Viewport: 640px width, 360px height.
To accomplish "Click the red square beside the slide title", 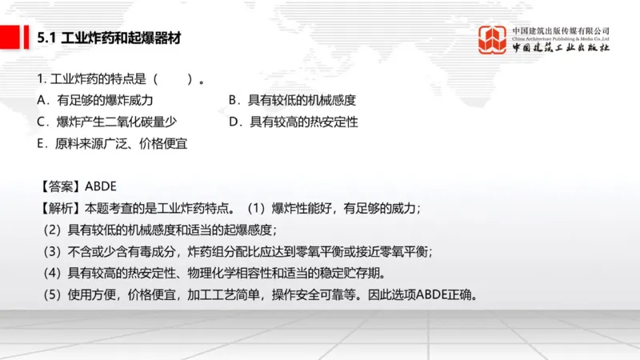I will (x=11, y=36).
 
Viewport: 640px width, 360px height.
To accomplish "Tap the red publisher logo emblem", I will (x=493, y=40).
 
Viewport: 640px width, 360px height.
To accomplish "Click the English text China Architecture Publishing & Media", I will (x=561, y=38).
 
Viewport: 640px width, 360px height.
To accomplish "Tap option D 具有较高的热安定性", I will (x=294, y=122).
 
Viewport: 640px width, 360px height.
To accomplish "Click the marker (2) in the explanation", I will (x=52, y=230).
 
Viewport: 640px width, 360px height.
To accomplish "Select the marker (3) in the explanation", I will (x=52, y=252).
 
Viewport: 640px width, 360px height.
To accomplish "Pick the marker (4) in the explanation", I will (x=52, y=274).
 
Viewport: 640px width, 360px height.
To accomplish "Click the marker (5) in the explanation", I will (x=52, y=295).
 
